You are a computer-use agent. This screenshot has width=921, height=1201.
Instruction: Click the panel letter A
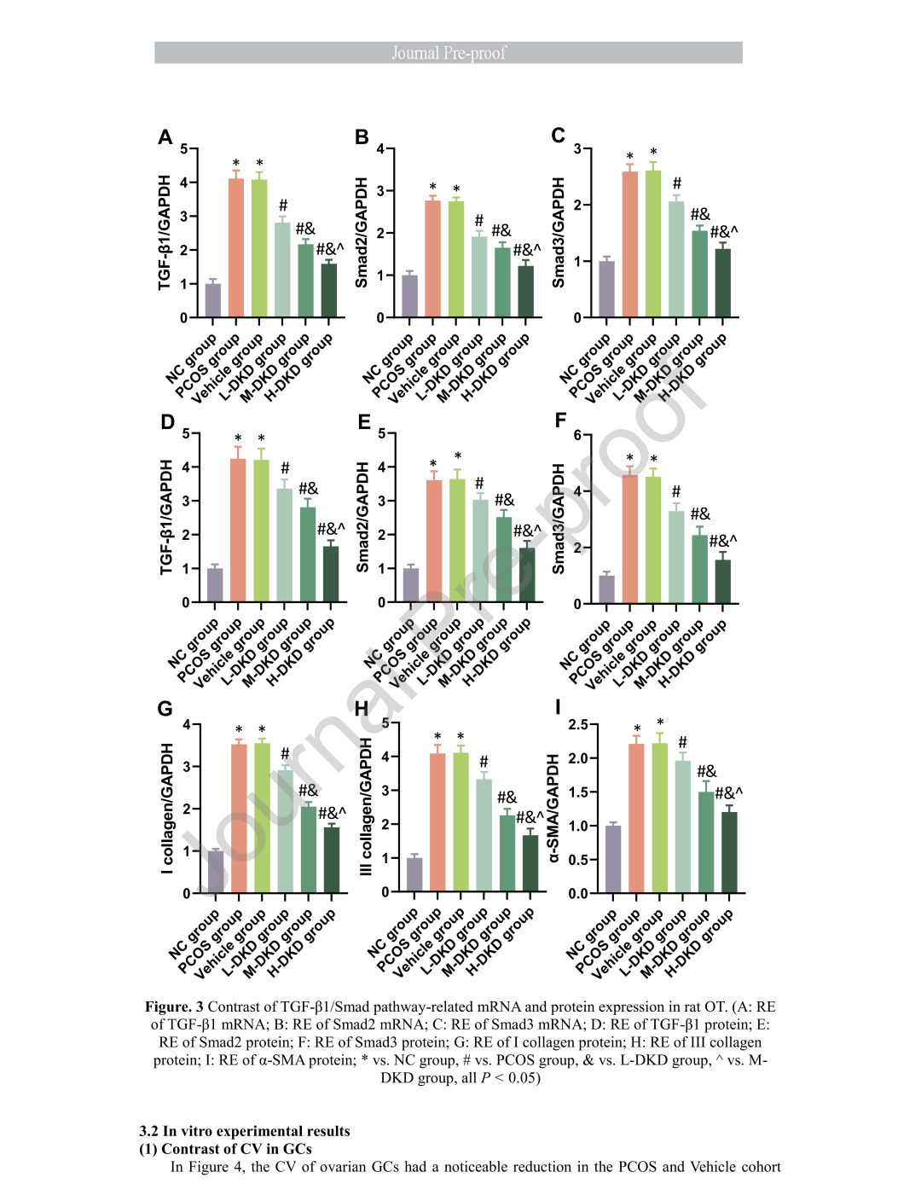click(165, 137)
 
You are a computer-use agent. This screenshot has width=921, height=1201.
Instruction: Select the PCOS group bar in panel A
click(236, 247)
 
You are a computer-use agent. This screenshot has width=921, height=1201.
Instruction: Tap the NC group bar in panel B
click(409, 296)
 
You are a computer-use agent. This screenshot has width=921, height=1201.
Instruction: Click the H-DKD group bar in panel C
click(722, 283)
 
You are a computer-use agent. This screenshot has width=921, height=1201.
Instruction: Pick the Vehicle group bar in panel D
click(261, 531)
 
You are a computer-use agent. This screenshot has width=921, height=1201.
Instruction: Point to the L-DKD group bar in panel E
click(480, 550)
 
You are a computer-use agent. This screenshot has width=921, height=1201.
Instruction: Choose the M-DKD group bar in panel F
click(699, 569)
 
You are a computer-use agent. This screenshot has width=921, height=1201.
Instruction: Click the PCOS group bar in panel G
click(239, 819)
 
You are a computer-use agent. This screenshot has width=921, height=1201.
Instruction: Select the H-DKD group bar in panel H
click(530, 863)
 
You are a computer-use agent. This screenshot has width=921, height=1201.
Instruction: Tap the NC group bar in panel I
click(612, 860)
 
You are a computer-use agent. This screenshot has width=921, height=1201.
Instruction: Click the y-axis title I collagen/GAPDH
click(167, 808)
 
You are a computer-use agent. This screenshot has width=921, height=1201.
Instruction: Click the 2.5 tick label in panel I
click(578, 724)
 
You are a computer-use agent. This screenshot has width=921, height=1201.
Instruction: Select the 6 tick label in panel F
click(577, 435)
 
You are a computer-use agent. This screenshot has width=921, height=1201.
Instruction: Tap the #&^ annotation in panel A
click(330, 249)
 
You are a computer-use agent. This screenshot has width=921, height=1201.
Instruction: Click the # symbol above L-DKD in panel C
click(677, 183)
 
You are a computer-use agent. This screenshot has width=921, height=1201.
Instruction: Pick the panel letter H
click(362, 708)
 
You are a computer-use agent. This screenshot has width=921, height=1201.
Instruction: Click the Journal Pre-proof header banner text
click(449, 53)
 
